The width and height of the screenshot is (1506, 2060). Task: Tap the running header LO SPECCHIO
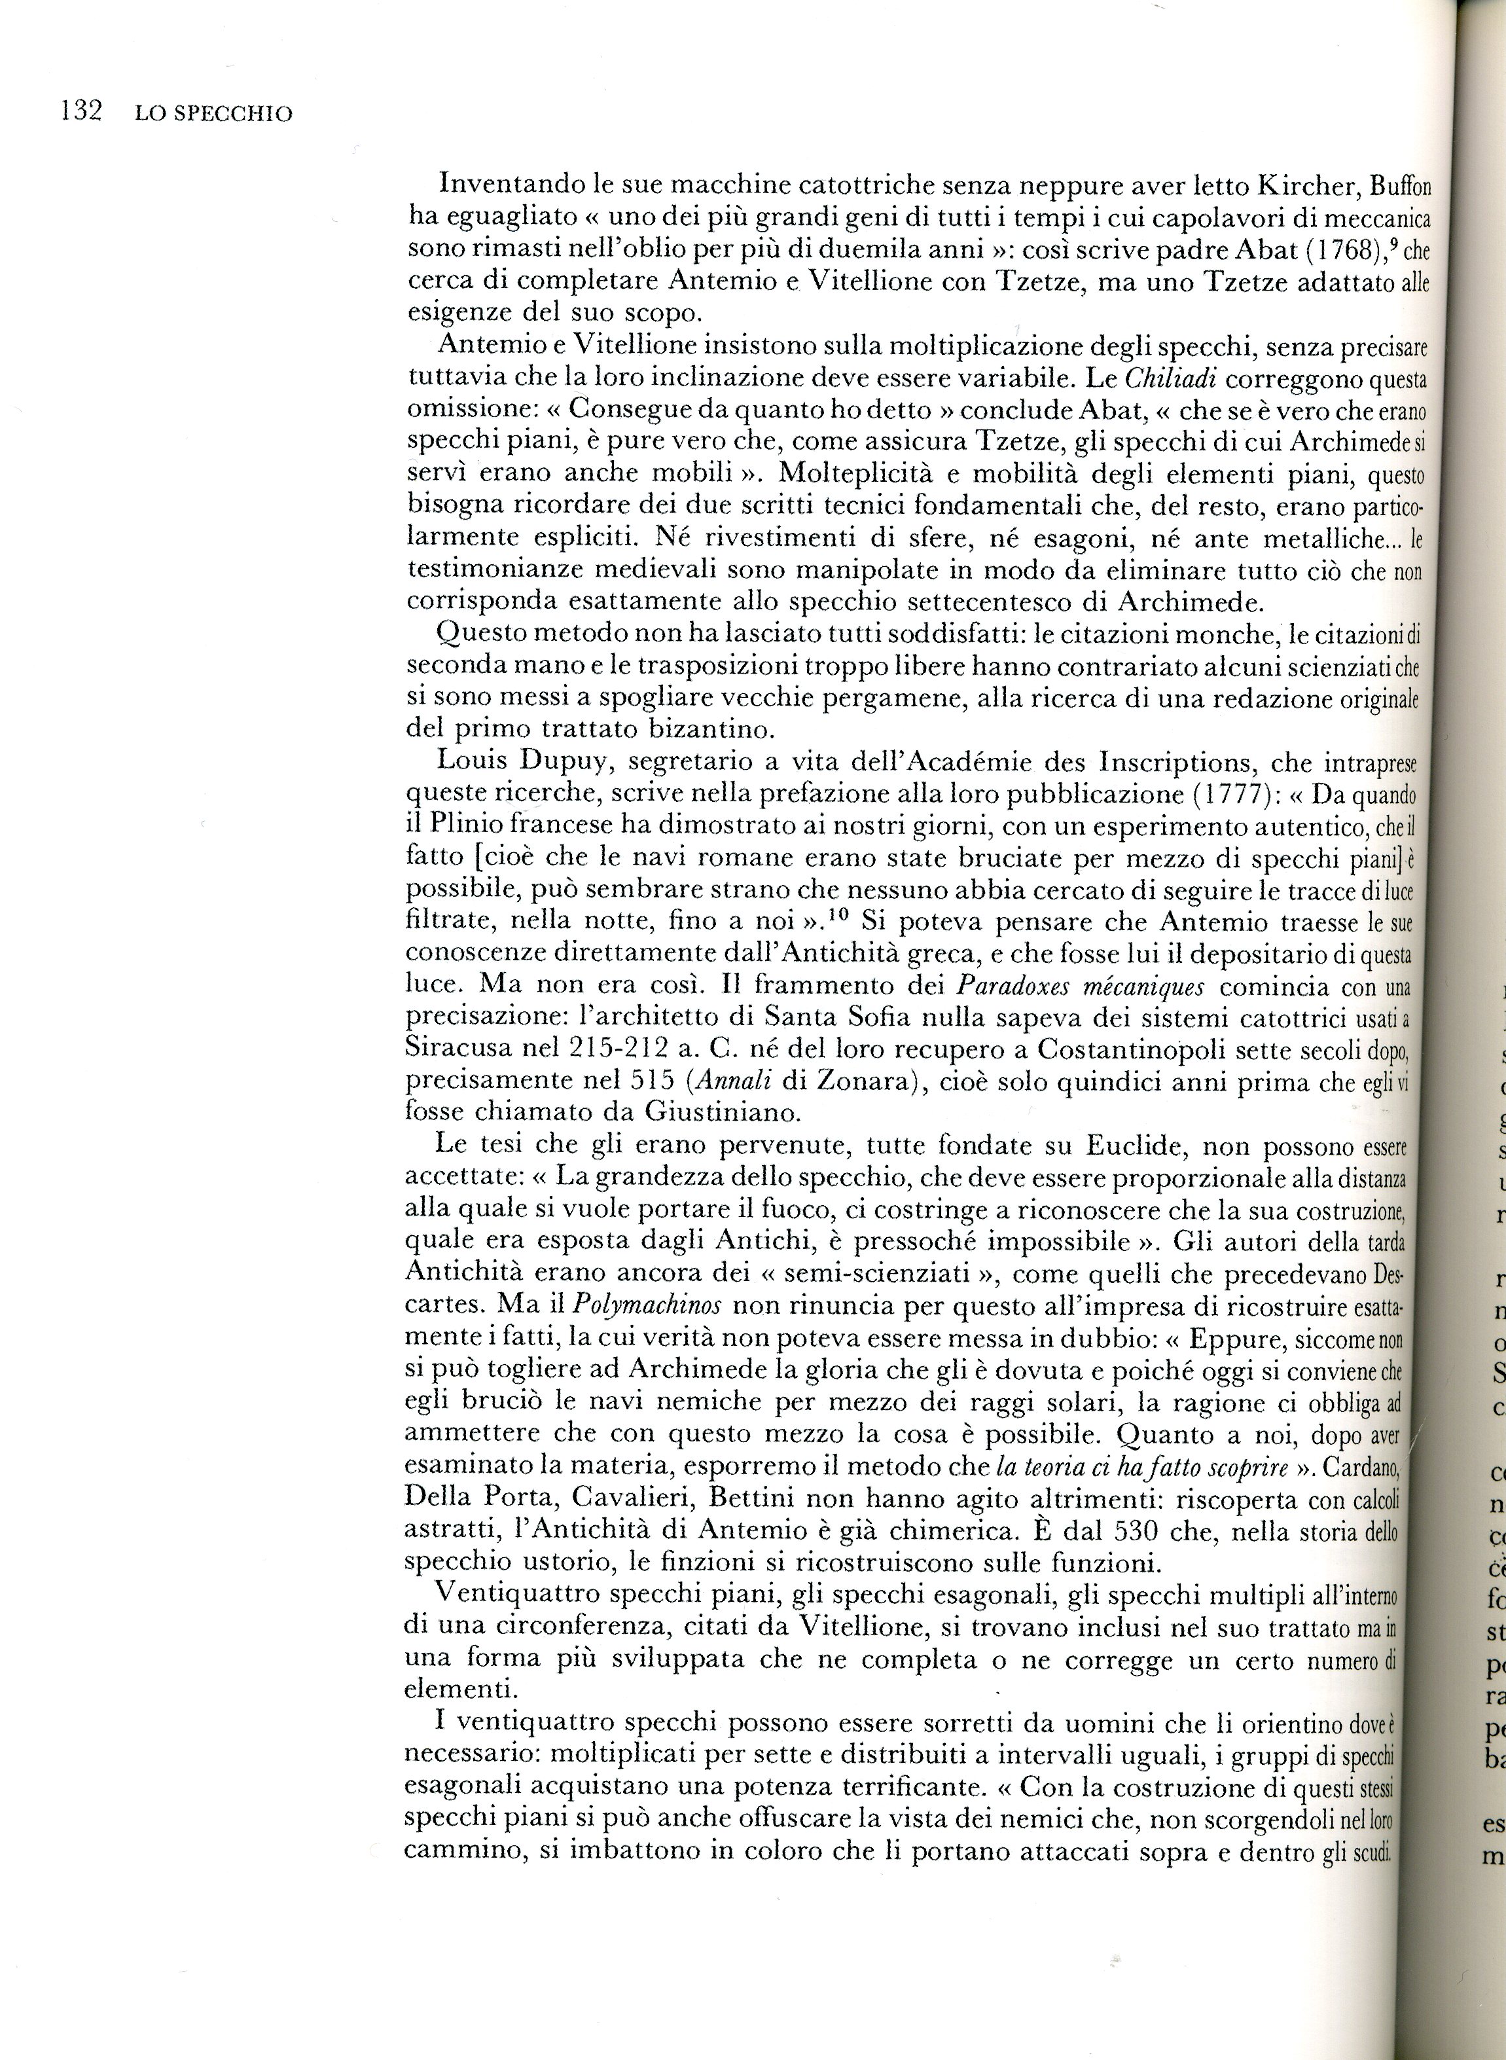click(213, 115)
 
